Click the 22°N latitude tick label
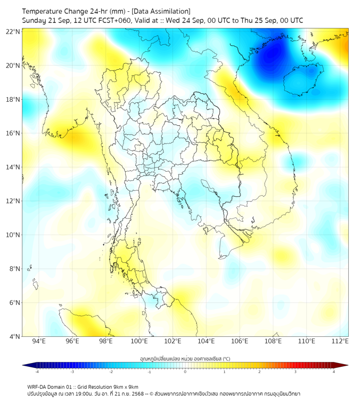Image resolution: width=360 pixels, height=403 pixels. point(13,32)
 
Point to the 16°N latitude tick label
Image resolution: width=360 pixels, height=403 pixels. point(13,133)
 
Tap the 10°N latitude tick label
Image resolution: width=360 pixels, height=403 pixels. point(13,235)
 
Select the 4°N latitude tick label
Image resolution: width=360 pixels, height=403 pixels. point(14,336)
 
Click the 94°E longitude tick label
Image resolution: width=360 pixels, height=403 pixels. point(39,341)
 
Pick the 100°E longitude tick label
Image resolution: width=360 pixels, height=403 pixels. point(139,341)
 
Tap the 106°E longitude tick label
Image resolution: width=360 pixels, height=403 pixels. point(240,341)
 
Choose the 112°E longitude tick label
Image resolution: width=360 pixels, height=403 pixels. point(340,341)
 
